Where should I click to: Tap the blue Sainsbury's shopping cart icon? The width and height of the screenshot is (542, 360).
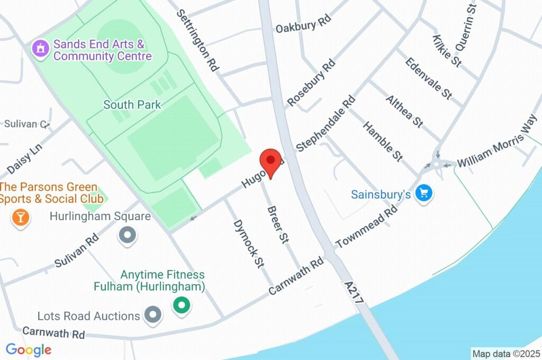pyautogui.click(x=423, y=193)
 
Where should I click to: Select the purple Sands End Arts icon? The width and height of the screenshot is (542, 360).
pyautogui.click(x=40, y=49)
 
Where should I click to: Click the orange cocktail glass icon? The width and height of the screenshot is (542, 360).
pyautogui.click(x=20, y=217)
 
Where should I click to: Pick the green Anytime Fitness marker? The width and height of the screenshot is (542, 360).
pyautogui.click(x=182, y=305)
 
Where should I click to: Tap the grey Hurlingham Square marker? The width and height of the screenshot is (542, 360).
pyautogui.click(x=127, y=235)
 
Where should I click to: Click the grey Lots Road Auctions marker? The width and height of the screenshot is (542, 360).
pyautogui.click(x=153, y=314)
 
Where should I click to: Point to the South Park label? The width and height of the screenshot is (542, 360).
pyautogui.click(x=132, y=105)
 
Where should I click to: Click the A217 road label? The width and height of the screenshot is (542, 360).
pyautogui.click(x=354, y=292)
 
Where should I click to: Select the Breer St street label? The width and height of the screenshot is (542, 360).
pyautogui.click(x=277, y=224)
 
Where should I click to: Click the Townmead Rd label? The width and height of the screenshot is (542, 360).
pyautogui.click(x=366, y=227)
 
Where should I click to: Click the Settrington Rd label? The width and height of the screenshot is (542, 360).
pyautogui.click(x=197, y=40)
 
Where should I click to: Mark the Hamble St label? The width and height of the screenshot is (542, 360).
pyautogui.click(x=383, y=141)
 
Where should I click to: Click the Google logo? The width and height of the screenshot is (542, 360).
pyautogui.click(x=29, y=349)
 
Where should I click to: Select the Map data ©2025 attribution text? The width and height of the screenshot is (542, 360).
pyautogui.click(x=505, y=353)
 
